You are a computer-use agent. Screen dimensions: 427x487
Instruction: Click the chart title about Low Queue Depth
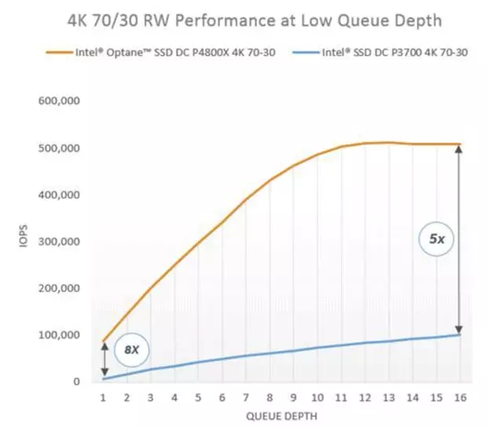tap(243, 20)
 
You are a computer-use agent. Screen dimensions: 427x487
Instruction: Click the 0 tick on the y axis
tap(75, 381)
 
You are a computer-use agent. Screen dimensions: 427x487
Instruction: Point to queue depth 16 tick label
tap(460, 398)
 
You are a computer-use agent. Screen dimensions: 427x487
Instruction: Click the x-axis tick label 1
tap(102, 398)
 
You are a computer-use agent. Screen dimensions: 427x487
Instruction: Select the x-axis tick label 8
tap(269, 398)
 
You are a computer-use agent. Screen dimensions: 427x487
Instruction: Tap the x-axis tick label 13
tap(388, 398)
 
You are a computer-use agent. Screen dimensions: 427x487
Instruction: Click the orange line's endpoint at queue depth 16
tap(460, 144)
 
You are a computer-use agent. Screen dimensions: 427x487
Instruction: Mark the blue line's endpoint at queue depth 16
tap(460, 334)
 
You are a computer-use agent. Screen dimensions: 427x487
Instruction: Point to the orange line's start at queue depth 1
tap(103, 341)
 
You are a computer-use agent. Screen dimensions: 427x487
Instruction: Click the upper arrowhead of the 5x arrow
tap(460, 149)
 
